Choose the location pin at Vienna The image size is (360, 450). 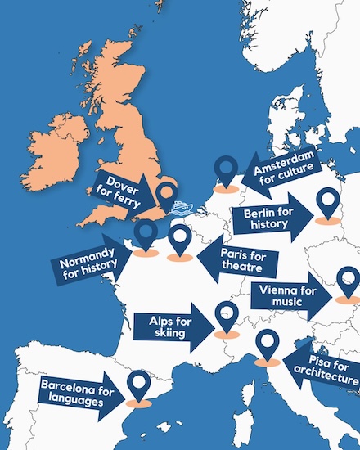pos(349,281)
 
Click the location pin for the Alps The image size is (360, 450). pos(226,316)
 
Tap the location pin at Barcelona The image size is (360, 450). pos(140,385)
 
